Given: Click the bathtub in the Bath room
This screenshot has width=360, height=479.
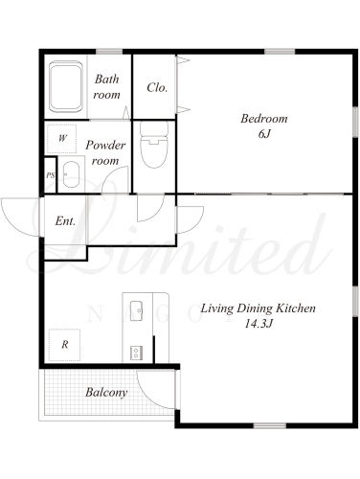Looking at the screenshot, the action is (66, 87).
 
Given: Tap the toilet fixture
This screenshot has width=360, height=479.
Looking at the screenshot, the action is (154, 145).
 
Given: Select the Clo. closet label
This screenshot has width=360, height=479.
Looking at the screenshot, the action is (157, 87).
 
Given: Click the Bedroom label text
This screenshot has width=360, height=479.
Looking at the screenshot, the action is (264, 119).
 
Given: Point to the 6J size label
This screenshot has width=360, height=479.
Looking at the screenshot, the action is (264, 134).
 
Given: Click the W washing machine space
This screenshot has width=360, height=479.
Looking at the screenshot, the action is (62, 139).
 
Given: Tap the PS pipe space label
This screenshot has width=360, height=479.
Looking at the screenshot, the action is (51, 175).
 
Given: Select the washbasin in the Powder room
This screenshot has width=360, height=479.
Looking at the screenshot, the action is (71, 174).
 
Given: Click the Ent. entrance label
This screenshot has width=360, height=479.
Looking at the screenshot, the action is (65, 220).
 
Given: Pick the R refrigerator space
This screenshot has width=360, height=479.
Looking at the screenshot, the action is (64, 345).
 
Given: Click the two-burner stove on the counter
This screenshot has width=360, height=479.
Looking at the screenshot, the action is (136, 354).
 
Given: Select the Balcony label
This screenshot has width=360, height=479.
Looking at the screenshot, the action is (106, 392).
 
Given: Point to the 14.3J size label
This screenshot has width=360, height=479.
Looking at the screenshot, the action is (259, 324).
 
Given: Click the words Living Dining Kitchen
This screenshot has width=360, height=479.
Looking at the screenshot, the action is (258, 308).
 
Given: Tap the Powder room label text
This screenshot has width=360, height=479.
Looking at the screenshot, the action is (105, 153).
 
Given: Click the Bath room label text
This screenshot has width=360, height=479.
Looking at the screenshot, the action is (107, 87).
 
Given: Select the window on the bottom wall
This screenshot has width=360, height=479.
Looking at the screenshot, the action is (270, 425).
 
